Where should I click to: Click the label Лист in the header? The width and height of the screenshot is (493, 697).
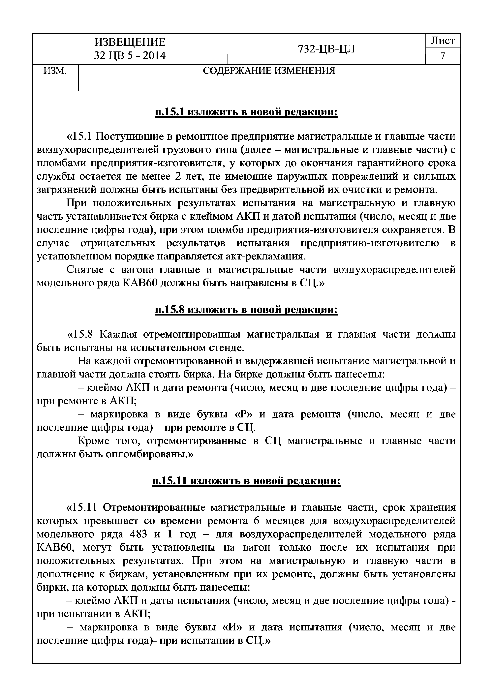tap(443, 41)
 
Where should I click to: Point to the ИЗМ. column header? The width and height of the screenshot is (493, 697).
tap(55, 71)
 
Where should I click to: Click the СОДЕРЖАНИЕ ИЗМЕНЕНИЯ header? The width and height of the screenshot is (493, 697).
tap(269, 71)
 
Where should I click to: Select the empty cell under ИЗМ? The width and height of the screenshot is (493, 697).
tap(55, 84)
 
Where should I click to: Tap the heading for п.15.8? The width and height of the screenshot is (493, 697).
tap(246, 310)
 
